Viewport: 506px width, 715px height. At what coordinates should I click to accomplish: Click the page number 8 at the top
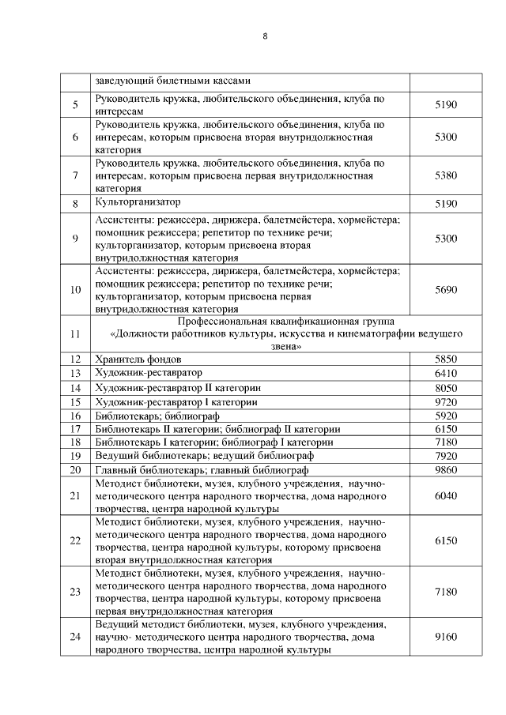point(265,36)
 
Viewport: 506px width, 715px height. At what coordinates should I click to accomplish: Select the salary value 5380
point(446,175)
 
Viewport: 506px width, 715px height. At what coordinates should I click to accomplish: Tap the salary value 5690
point(446,289)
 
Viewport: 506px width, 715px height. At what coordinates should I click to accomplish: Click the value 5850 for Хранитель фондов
point(446,359)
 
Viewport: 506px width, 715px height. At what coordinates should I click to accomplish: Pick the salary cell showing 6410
point(446,373)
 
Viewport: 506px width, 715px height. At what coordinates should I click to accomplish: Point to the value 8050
point(446,388)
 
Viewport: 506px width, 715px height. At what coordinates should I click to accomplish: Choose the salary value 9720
point(446,402)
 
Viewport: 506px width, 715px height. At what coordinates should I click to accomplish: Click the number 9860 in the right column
point(446,470)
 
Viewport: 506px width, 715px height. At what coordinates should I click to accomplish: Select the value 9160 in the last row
point(446,636)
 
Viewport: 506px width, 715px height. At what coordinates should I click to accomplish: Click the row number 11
point(76,334)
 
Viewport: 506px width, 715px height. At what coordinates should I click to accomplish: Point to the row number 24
point(76,636)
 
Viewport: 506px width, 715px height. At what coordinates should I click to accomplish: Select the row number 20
point(76,470)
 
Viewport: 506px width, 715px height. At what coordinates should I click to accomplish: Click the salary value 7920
point(446,456)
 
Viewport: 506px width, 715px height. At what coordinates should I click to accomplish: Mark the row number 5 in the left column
point(76,105)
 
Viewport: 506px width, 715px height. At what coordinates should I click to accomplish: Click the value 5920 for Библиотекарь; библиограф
point(446,416)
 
